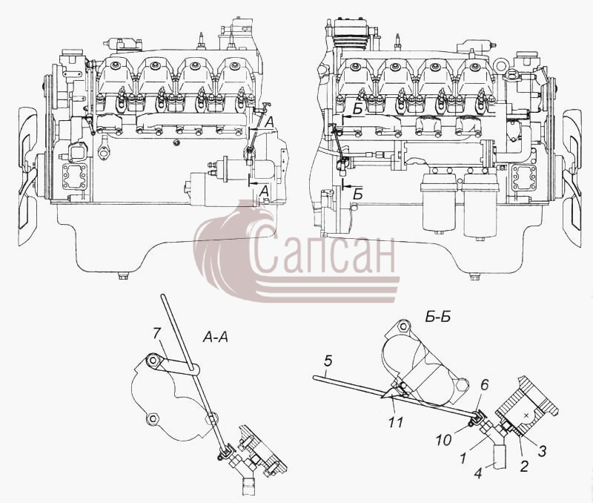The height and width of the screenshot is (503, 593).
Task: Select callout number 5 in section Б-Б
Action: [328, 361]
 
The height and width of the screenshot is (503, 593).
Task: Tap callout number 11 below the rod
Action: [396, 421]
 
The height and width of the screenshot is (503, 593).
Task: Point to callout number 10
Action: [443, 440]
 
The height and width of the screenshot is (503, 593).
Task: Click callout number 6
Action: [484, 385]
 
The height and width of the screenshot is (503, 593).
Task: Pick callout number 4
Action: [479, 473]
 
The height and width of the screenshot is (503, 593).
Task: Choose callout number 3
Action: [542, 451]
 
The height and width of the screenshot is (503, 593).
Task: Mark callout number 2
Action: [524, 467]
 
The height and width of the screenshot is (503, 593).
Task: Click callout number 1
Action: [463, 458]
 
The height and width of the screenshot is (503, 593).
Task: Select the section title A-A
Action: [216, 337]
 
